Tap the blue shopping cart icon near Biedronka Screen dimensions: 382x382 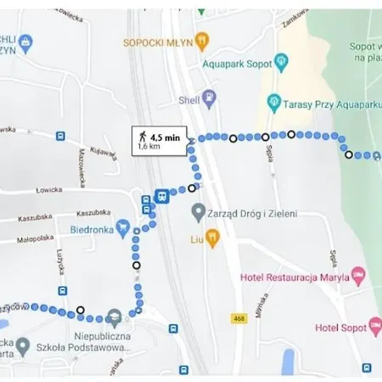coord(124,227)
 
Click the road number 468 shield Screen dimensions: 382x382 coord(238,317)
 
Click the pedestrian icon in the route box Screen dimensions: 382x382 coord(141,135)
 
